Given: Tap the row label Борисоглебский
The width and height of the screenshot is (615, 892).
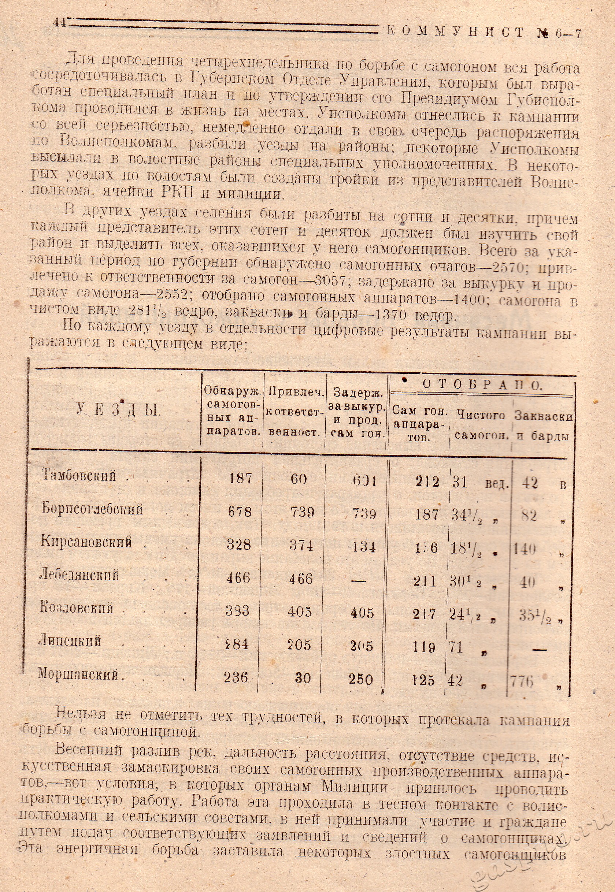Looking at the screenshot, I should pos(92,509).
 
